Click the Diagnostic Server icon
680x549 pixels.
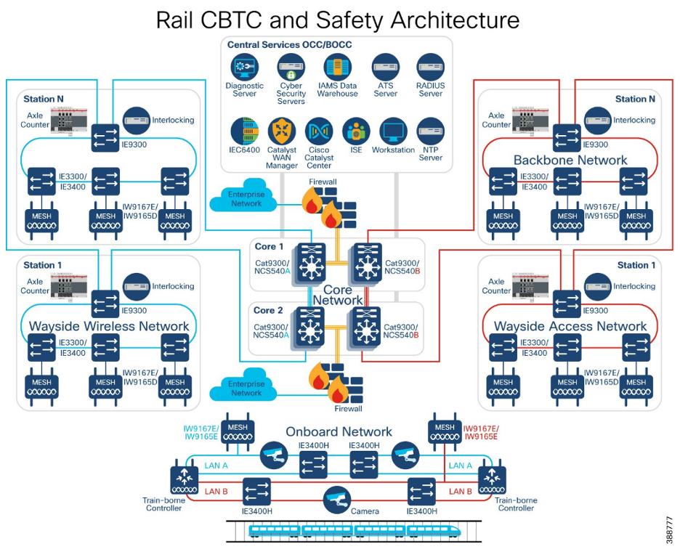[245, 68]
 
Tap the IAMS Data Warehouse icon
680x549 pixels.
[337, 68]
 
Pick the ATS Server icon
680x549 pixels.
[385, 68]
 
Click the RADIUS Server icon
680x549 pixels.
[430, 68]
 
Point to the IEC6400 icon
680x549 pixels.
[245, 131]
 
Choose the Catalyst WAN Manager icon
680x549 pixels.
[282, 131]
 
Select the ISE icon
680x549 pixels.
[356, 131]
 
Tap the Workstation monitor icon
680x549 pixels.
[393, 131]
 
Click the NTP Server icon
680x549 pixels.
[430, 131]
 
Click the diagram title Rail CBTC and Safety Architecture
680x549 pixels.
[338, 20]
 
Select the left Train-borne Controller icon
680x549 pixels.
[185, 480]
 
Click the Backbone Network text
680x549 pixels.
[570, 160]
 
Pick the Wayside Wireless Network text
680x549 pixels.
[109, 326]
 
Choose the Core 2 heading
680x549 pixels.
[269, 310]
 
